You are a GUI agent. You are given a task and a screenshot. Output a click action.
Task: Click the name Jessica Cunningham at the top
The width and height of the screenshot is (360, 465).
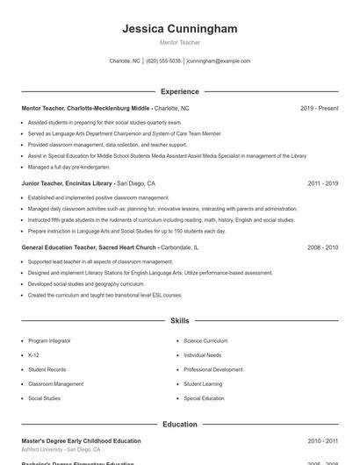click(x=180, y=29)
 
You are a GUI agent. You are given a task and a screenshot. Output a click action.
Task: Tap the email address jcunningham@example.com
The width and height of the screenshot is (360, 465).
click(x=219, y=61)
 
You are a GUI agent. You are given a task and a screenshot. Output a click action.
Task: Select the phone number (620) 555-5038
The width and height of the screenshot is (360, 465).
click(x=163, y=61)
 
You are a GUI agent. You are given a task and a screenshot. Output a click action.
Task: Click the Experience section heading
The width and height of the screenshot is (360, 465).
click(x=180, y=91)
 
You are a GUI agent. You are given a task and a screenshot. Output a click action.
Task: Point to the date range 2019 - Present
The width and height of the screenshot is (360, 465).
click(x=319, y=108)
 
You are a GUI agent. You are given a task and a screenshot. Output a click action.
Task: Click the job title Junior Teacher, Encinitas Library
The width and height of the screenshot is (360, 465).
click(x=67, y=183)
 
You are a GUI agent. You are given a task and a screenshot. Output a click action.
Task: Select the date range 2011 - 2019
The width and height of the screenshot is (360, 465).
click(x=323, y=183)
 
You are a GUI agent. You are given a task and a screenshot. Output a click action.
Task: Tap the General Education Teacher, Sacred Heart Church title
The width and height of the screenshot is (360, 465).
click(x=90, y=247)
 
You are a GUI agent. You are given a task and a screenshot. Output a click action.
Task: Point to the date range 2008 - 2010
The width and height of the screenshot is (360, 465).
click(x=323, y=247)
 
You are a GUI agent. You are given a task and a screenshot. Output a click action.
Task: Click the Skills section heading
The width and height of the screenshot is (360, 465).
click(x=180, y=321)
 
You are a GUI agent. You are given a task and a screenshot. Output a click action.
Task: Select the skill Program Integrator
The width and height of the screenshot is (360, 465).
click(x=49, y=340)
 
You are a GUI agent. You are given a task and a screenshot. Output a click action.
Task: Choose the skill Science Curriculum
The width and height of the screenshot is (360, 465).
click(x=205, y=340)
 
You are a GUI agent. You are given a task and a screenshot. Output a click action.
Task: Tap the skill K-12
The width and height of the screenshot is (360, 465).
click(x=33, y=355)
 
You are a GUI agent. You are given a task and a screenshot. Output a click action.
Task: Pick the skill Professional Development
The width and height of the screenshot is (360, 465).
click(x=213, y=369)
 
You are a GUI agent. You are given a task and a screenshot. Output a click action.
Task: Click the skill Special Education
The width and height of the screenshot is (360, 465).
click(x=205, y=398)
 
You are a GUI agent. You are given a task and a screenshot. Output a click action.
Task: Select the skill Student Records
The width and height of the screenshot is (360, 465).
click(x=47, y=369)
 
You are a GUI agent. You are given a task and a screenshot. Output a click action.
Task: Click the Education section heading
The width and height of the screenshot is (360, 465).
click(x=180, y=425)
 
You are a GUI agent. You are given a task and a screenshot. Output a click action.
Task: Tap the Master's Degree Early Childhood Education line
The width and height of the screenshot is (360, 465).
click(x=81, y=441)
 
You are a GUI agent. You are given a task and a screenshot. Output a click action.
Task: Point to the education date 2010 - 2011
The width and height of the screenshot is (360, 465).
click(x=323, y=441)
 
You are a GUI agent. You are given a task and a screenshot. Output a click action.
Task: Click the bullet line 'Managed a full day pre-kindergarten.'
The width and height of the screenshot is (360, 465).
click(x=69, y=166)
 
